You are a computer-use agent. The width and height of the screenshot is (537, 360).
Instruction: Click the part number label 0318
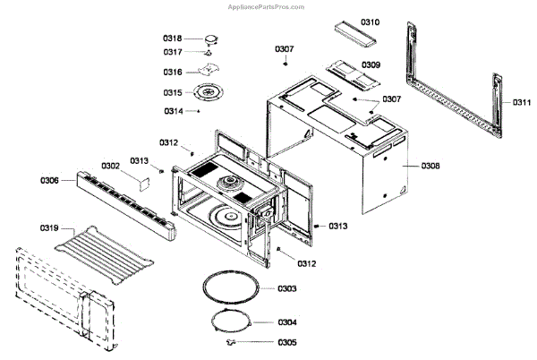[173, 39]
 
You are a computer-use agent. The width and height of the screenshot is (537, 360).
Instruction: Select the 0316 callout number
[173, 72]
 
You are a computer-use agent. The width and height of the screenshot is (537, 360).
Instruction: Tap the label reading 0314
[173, 111]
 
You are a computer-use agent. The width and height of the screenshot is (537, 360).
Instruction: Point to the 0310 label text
[371, 21]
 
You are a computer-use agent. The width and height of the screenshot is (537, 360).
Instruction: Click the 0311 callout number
[521, 103]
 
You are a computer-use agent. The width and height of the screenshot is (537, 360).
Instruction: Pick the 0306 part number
[50, 180]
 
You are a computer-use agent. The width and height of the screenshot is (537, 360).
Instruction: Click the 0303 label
[287, 288]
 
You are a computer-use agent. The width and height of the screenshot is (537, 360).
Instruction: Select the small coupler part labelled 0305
[234, 341]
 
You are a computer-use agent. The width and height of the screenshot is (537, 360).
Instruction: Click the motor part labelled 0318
[211, 39]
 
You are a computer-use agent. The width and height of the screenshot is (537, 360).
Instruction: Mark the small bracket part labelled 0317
[209, 53]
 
